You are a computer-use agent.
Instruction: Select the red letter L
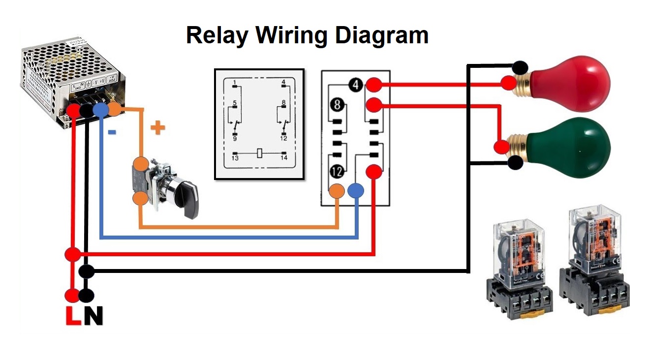(x=73, y=316)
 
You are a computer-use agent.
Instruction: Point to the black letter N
(x=93, y=316)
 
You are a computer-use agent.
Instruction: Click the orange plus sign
(x=157, y=128)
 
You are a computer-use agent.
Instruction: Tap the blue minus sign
(x=112, y=132)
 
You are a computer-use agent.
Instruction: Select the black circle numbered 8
(x=337, y=105)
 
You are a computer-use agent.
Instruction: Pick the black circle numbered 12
(x=337, y=172)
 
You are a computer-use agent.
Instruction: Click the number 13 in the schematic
(x=235, y=159)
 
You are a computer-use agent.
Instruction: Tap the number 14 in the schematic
(x=284, y=159)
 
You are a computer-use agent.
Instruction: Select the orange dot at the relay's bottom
(x=337, y=190)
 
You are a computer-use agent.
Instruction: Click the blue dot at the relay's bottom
(x=356, y=190)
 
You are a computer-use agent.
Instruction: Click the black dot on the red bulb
(x=520, y=67)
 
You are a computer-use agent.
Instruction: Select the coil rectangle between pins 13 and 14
(x=259, y=153)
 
